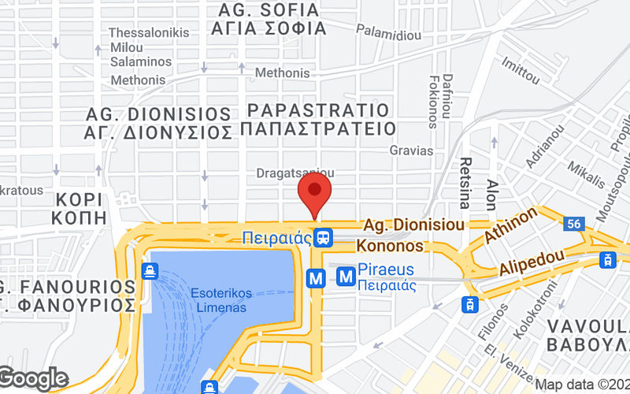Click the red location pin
[315, 193]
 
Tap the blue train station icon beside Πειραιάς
[323, 236]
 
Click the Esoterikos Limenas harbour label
[221, 300]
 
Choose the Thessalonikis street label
[149, 32]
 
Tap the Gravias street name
[411, 150]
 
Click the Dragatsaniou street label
[295, 173]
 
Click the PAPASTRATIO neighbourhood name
[317, 110]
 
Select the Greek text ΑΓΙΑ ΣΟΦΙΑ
[269, 28]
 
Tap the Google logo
[33, 379]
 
